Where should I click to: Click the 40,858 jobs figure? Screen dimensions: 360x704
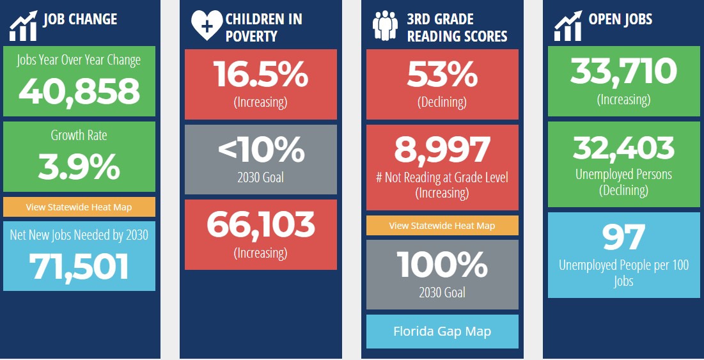(79, 91)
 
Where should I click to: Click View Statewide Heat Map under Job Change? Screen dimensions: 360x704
(79, 207)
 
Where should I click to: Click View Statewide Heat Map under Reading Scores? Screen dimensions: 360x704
(442, 226)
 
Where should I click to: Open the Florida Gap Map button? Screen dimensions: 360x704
(442, 331)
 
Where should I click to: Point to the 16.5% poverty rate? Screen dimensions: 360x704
(261, 75)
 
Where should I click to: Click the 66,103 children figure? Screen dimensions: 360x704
(261, 224)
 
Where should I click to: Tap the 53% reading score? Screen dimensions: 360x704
(442, 75)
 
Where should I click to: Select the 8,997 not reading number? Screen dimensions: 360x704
(442, 150)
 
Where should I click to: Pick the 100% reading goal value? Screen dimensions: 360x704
(442, 264)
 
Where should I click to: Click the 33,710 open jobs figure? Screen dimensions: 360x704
(624, 71)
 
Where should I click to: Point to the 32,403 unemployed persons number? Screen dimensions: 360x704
(624, 148)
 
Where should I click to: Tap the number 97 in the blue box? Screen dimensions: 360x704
(624, 237)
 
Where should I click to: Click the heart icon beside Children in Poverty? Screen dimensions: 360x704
(207, 26)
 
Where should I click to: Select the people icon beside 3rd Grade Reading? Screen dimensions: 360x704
(386, 26)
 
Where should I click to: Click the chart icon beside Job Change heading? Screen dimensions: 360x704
(23, 25)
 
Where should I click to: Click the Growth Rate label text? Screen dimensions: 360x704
(79, 135)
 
